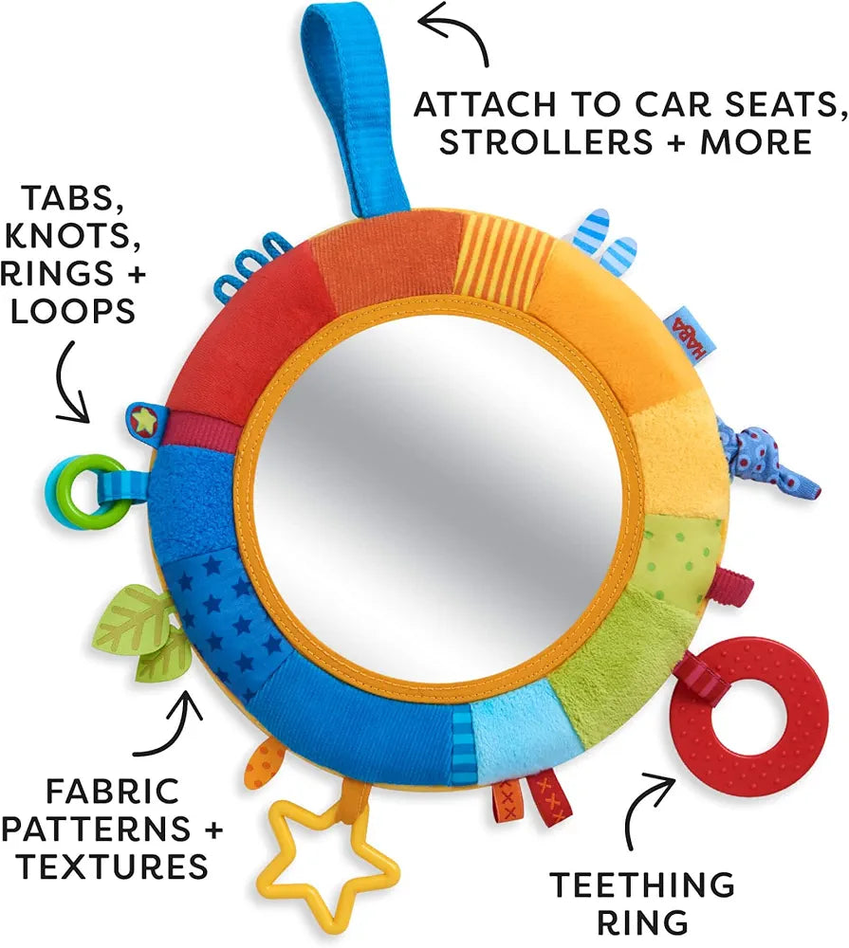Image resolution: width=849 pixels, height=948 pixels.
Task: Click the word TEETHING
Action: (x=642, y=884)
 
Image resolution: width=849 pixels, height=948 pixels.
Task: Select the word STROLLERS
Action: (x=543, y=141)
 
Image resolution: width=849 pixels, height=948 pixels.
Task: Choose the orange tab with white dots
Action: (x=265, y=764)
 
